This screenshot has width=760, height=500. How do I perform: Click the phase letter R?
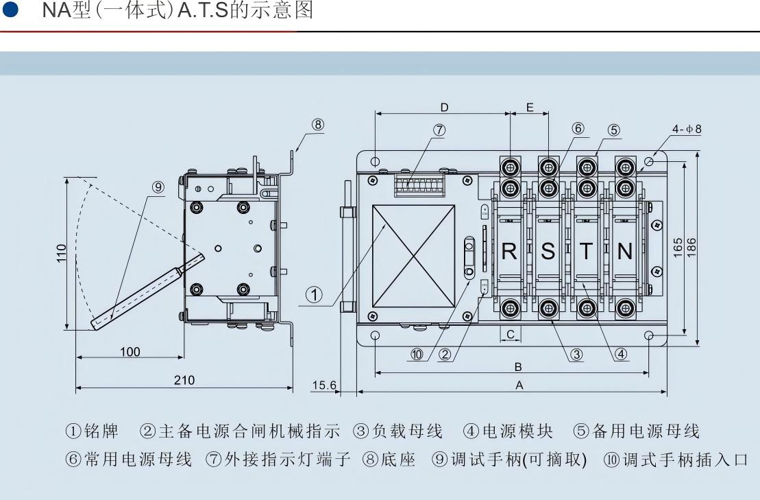(x=509, y=252)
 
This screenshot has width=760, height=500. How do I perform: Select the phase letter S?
(x=548, y=252)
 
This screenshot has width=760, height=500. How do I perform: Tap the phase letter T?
(x=587, y=252)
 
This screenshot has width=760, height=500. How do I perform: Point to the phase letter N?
(x=624, y=252)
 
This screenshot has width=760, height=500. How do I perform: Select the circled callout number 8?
(x=317, y=124)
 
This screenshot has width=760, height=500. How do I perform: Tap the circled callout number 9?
(x=158, y=187)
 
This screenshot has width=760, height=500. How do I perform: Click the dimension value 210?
(x=184, y=381)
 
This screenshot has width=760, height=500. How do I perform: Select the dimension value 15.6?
(x=324, y=385)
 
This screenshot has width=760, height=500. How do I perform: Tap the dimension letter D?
(x=444, y=107)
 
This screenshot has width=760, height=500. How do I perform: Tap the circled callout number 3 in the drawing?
(x=576, y=355)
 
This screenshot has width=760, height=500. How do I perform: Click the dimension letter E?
(x=530, y=107)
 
